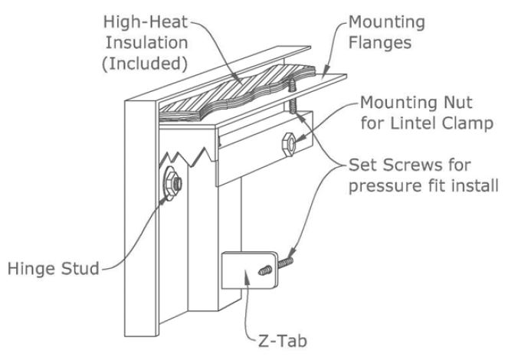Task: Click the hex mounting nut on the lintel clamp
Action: [x=289, y=145]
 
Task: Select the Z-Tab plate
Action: [x=251, y=270]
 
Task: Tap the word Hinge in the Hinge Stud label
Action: [x=30, y=269]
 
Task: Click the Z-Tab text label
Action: [x=283, y=341]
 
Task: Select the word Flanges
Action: [x=380, y=43]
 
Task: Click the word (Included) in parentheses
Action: [x=145, y=64]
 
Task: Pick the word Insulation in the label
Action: [x=146, y=43]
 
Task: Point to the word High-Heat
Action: [x=146, y=22]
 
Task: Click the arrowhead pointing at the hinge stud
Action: [x=163, y=199]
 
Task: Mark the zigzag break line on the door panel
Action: [x=189, y=156]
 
